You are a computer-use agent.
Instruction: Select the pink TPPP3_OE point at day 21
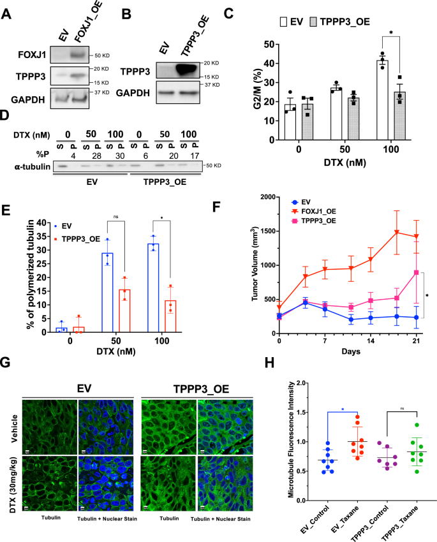[416, 272]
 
